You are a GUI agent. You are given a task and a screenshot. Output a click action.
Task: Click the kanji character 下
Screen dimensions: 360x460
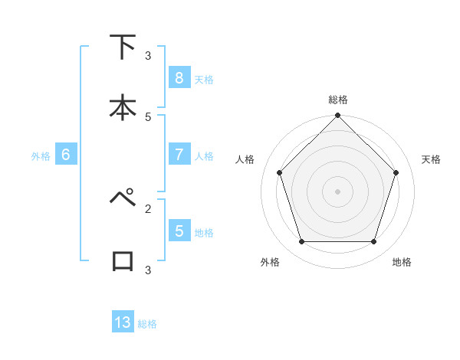tap(123, 47)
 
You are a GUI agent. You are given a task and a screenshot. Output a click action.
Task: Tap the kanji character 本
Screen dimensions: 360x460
tap(123, 107)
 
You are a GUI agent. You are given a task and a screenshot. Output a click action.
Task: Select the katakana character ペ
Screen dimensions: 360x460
tap(123, 198)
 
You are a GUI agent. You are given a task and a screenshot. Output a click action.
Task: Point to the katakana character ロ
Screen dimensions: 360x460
tap(123, 260)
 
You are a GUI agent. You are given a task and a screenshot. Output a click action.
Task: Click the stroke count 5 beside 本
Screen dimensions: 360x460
tap(148, 117)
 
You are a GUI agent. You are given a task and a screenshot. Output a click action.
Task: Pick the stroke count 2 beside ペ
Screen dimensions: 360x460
tap(148, 208)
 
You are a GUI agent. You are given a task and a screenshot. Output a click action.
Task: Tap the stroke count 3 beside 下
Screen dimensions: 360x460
tap(148, 56)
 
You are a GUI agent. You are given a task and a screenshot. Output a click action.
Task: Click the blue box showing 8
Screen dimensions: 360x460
tap(179, 78)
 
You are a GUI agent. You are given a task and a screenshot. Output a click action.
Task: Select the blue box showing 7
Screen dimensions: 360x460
tap(179, 155)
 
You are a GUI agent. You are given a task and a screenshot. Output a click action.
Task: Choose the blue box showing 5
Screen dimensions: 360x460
tap(179, 231)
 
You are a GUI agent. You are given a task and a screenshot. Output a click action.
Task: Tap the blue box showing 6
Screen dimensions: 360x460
tap(66, 155)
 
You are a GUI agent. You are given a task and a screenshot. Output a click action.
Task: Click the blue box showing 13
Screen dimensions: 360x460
tap(123, 322)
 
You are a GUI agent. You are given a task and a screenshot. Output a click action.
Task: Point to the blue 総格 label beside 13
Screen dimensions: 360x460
tap(147, 324)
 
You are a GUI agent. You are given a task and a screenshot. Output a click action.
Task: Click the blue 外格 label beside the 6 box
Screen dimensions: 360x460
tap(41, 156)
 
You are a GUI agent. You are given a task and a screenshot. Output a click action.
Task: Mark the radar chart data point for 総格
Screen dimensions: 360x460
tap(337, 116)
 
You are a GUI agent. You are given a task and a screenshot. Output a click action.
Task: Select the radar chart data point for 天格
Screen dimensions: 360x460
tap(396, 172)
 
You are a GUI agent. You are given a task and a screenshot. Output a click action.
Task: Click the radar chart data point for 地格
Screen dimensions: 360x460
tap(373, 241)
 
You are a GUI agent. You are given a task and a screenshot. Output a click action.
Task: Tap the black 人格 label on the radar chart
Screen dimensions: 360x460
tap(245, 159)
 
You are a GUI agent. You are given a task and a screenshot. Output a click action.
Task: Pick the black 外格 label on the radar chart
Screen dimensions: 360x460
tap(270, 262)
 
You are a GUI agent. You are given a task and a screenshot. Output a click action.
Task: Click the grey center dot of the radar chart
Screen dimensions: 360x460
tap(337, 191)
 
